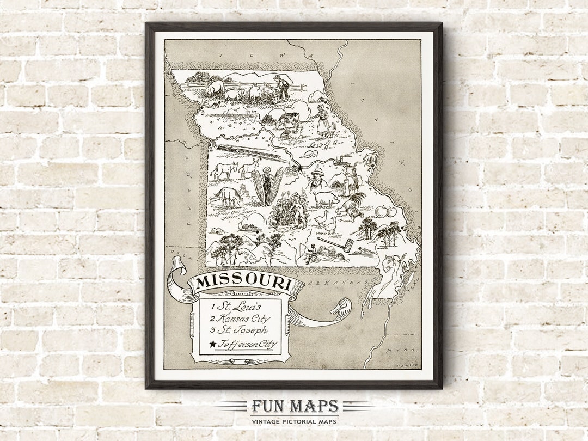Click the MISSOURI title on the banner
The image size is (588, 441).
[x=243, y=283]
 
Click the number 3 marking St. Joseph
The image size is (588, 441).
[x=202, y=113]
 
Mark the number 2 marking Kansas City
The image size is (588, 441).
[x=211, y=146]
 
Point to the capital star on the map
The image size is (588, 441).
[x=299, y=169]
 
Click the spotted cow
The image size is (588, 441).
[x=287, y=120]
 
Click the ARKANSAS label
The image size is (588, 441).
[x=336, y=284]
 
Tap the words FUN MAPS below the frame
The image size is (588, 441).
[x=295, y=406]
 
